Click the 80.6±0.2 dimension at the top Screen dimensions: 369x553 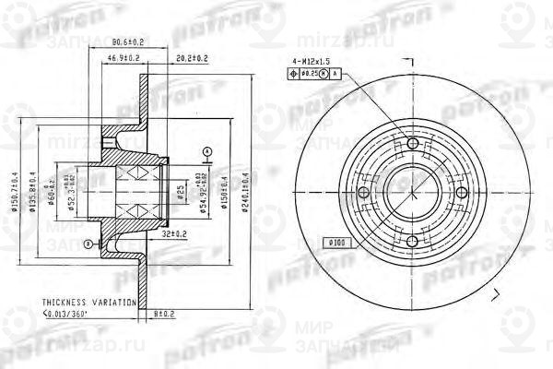click(124, 42)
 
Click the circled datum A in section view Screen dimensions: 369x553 click(207, 150)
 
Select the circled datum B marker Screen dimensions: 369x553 click(86, 244)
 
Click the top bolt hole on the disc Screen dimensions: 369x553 click(410, 143)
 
